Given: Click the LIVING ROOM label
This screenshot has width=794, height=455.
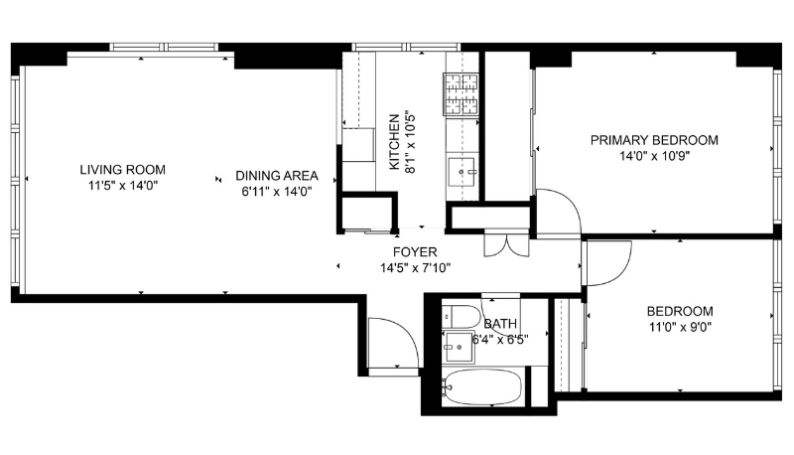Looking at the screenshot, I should click(x=123, y=170).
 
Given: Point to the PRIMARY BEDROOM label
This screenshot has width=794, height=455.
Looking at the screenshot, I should click(x=654, y=140).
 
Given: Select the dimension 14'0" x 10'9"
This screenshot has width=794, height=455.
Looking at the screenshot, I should click(x=654, y=156).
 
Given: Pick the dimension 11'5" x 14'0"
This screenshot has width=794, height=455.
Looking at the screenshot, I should click(x=123, y=185).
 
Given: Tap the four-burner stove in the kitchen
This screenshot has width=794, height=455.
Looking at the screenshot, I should click(x=461, y=94).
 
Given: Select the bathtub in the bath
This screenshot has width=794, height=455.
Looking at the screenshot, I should click(x=481, y=386).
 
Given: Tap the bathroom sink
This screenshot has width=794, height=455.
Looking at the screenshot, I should click(x=458, y=348).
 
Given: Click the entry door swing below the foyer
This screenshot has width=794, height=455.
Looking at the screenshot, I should click(x=391, y=343).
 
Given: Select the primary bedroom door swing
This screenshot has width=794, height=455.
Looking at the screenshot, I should click(x=556, y=214).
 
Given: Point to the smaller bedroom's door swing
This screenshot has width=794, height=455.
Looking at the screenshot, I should click(x=607, y=262).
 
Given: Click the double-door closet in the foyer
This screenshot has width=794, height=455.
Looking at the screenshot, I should click(x=497, y=244).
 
